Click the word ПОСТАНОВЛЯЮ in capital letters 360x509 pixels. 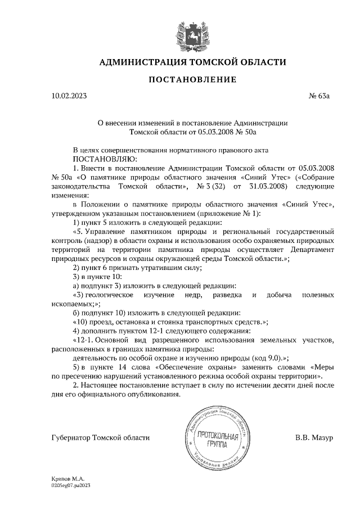[x=101, y=159]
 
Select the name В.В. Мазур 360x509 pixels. [x=314, y=438]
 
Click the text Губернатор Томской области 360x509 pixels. [x=100, y=438]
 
